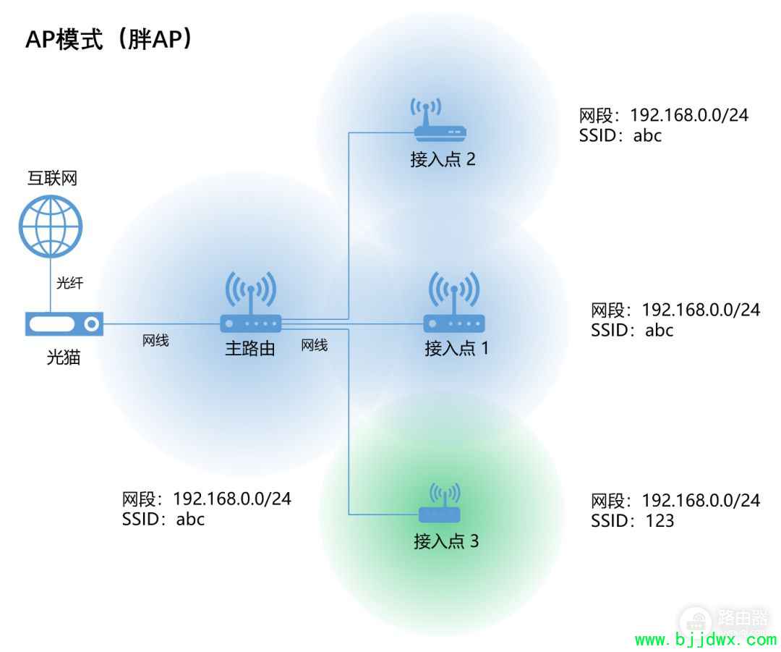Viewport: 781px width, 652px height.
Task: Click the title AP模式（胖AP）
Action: pos(109,39)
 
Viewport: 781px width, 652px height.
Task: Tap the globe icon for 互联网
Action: pos(51,226)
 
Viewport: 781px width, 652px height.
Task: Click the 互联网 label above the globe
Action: pos(52,178)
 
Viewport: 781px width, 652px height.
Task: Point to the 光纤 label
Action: pos(69,283)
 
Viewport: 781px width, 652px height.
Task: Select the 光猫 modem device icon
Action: pos(64,324)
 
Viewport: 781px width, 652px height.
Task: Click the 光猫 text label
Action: pos(63,357)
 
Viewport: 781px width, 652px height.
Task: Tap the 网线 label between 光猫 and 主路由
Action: pos(155,340)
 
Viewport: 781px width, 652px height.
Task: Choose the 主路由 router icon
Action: pos(251,302)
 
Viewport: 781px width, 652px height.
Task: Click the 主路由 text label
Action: pos(250,348)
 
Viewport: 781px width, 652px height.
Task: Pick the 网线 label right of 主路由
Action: pos(315,345)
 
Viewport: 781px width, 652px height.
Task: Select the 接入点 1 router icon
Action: pos(453,302)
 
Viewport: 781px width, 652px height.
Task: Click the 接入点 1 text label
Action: pos(457,348)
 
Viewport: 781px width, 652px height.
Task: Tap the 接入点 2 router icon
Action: pos(440,120)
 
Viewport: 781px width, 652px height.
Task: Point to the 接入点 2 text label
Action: pos(443,159)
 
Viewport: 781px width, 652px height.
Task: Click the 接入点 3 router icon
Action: pos(440,503)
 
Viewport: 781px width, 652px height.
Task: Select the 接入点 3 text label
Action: pos(446,541)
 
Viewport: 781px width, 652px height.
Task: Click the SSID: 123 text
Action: pos(632,521)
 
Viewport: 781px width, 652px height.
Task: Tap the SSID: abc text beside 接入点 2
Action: pos(620,135)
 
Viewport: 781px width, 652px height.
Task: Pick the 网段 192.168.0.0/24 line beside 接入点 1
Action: pos(675,310)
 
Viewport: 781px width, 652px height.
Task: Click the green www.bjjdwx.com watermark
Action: pos(706,640)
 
